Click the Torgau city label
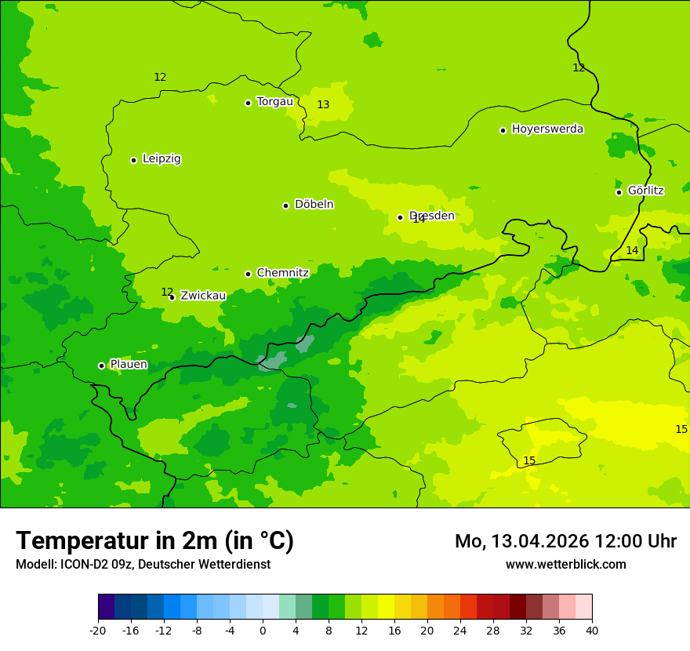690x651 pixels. point(274,101)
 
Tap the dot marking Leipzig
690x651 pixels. point(133,160)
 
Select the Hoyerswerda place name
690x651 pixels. point(547,129)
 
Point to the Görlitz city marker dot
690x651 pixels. point(619,192)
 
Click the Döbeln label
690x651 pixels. point(314,204)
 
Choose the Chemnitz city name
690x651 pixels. point(282,273)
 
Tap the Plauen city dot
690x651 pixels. point(101,366)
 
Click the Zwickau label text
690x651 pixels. point(203,296)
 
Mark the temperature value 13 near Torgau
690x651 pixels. point(323,104)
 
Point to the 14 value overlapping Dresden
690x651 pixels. point(419,220)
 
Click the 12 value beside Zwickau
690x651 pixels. point(166,292)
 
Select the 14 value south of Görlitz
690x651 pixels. point(632,250)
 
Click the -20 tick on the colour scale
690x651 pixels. point(98,630)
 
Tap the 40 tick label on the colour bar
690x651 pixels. point(591,630)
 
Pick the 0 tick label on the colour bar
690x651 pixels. point(263,630)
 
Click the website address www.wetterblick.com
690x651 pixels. point(565,564)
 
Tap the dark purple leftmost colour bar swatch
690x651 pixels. point(106,607)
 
